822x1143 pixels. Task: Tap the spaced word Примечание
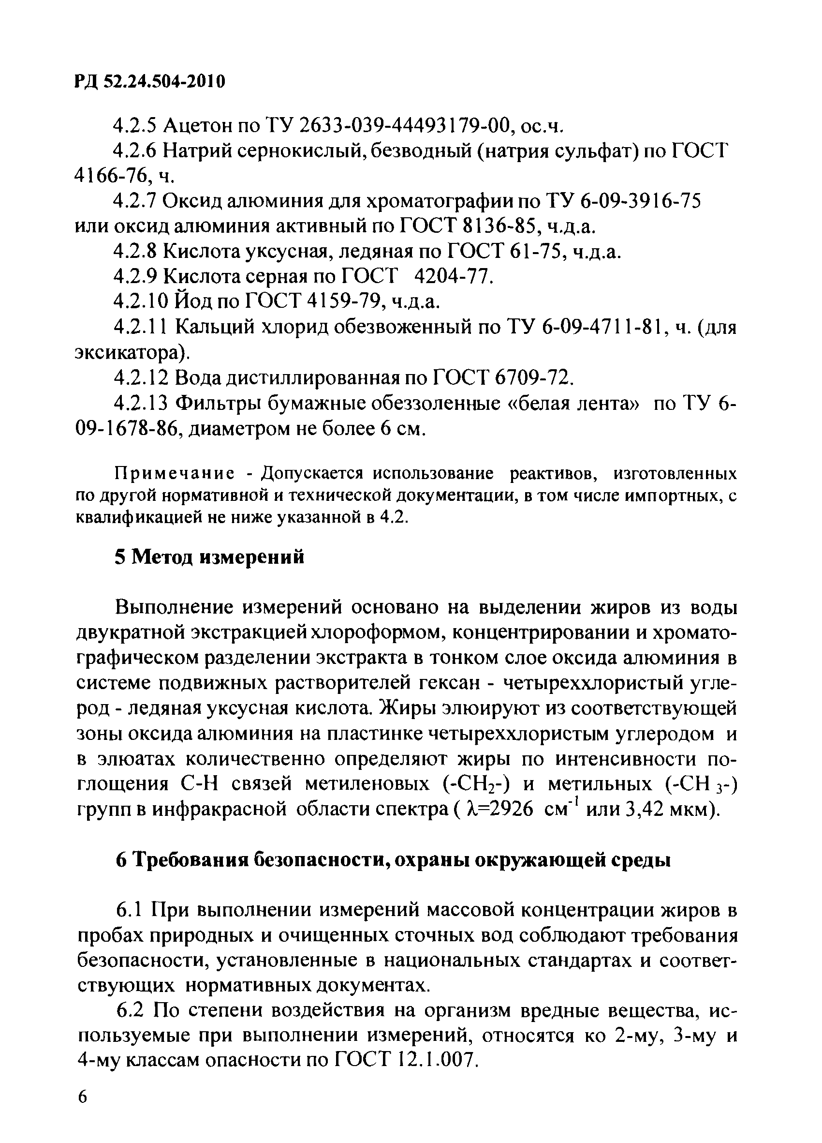174,474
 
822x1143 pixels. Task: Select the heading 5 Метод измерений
209,557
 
